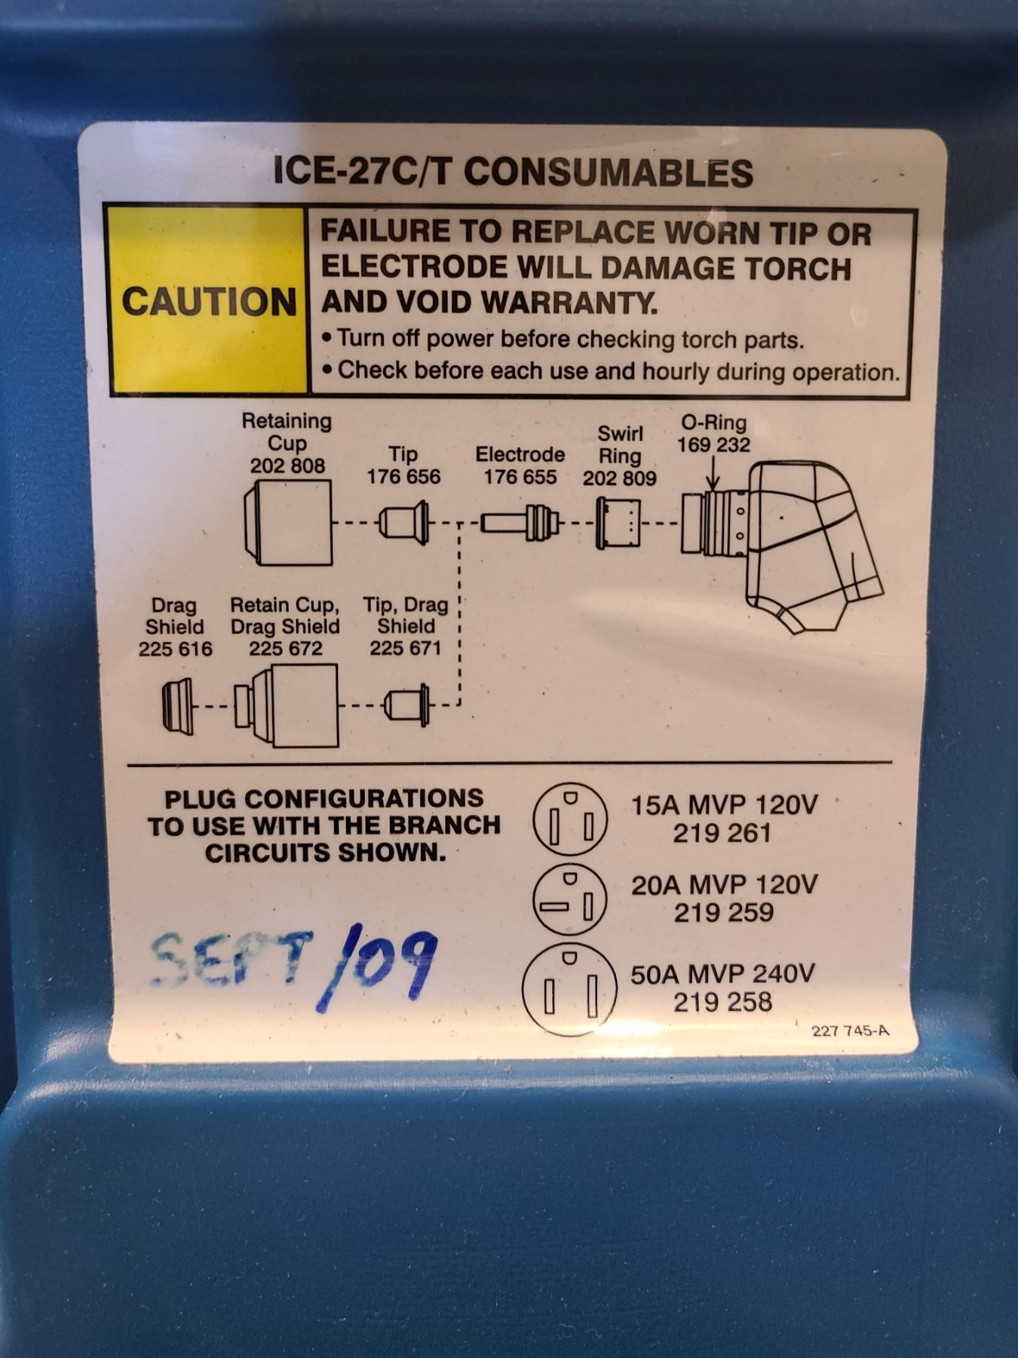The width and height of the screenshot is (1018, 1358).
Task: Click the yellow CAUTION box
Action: (x=209, y=300)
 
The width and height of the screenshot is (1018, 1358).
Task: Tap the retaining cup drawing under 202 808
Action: (x=288, y=522)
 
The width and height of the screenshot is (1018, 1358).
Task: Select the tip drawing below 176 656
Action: (x=404, y=522)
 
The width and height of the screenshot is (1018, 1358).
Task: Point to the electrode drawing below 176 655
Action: (x=520, y=522)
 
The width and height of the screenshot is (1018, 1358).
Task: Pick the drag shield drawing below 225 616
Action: (x=178, y=705)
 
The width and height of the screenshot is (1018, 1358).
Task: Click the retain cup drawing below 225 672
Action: (x=286, y=705)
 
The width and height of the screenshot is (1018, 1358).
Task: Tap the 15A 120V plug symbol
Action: (x=570, y=819)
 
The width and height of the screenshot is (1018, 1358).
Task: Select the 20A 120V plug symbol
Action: (x=570, y=899)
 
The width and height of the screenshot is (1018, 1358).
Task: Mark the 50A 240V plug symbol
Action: (x=569, y=989)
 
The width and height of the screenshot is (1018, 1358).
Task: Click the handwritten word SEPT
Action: (x=230, y=960)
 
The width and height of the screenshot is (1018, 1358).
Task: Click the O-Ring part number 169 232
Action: (x=713, y=444)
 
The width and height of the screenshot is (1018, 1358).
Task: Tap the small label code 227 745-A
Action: (x=851, y=1031)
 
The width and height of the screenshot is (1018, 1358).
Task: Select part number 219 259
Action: (x=723, y=912)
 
